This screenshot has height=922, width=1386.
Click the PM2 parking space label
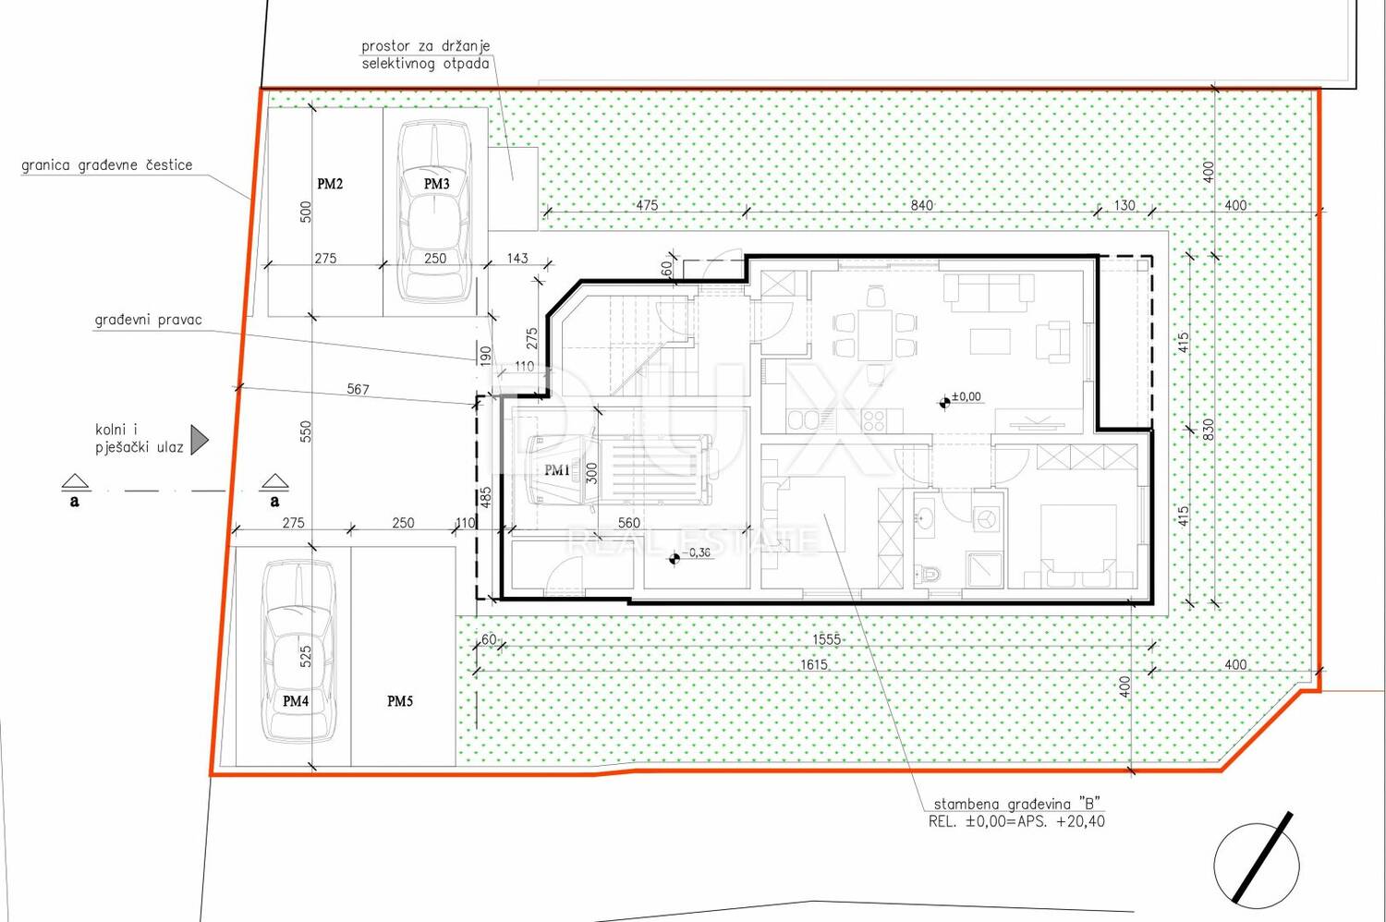(x=330, y=184)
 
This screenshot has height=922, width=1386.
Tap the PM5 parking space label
(x=400, y=701)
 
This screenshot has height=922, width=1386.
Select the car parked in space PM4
(x=298, y=650)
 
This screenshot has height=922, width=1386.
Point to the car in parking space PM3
(x=434, y=211)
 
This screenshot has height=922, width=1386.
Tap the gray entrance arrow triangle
(x=200, y=440)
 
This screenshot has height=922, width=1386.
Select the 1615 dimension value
(x=814, y=664)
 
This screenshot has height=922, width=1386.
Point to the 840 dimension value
(x=921, y=205)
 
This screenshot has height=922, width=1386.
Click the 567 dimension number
(x=358, y=389)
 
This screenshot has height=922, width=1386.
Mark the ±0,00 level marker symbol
(x=944, y=403)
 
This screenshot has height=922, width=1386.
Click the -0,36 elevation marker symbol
(x=675, y=559)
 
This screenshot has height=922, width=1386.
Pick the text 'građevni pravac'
(x=149, y=321)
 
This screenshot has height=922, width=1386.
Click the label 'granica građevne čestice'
(x=106, y=165)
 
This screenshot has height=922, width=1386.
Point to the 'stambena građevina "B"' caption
(x=1017, y=804)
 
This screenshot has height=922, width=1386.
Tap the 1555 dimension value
(x=827, y=639)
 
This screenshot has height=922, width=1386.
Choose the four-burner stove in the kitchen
(x=874, y=420)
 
